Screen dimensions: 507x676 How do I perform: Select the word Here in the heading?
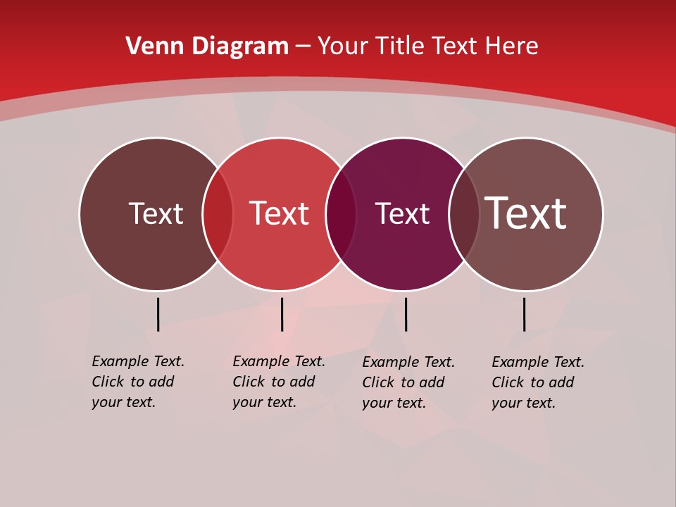[x=512, y=46]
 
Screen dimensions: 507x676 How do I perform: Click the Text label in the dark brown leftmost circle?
[x=156, y=213]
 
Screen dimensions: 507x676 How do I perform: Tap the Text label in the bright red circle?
[x=280, y=213]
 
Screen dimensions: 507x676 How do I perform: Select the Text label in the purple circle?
[x=402, y=214]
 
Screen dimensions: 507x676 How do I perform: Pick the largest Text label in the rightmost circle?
[x=526, y=213]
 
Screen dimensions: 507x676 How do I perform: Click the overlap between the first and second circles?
[x=218, y=214]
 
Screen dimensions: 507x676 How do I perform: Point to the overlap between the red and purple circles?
[x=341, y=214]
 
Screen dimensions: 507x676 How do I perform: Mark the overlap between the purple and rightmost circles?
[x=464, y=214]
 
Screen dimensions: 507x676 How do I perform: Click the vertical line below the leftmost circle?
[x=158, y=314]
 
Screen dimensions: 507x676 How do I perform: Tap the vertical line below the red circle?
[x=282, y=314]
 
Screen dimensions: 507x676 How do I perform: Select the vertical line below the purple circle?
[x=406, y=314]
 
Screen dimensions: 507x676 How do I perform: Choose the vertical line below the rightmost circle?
[x=525, y=314]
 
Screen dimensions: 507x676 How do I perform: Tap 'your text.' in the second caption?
[x=264, y=402]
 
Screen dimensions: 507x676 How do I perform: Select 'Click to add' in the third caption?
[x=403, y=382]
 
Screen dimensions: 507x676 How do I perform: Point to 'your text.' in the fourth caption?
[x=523, y=403]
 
